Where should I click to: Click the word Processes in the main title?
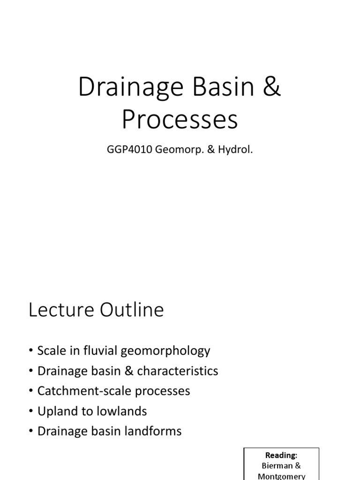tap(180, 120)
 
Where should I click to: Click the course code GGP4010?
tap(127, 151)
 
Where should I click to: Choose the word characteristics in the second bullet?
tap(178, 371)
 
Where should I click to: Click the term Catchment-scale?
tap(82, 391)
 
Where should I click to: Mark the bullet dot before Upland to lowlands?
tap(31, 412)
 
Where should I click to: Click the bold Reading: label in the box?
tap(282, 455)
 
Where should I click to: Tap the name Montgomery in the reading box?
tap(282, 476)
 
